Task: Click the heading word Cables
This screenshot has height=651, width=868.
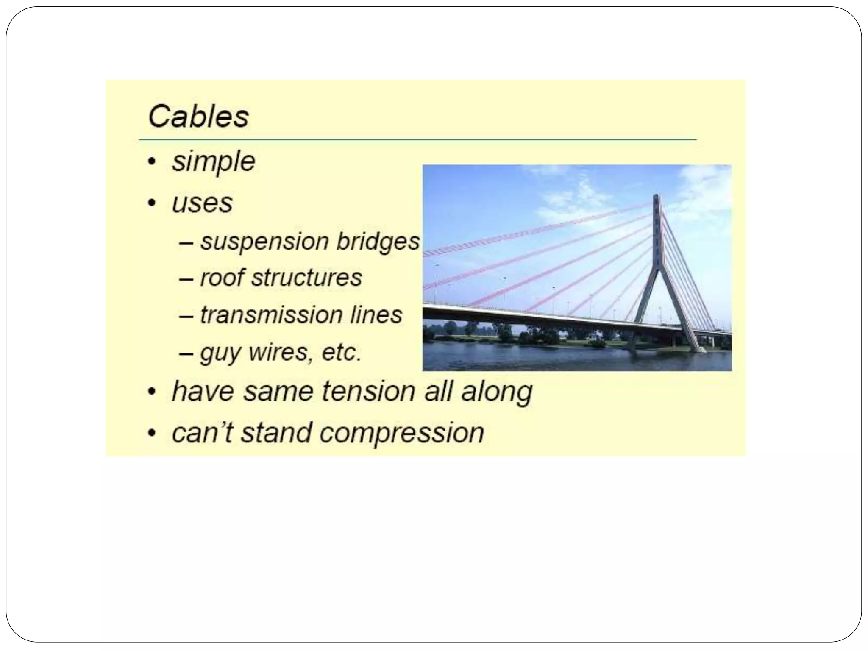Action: click(x=198, y=117)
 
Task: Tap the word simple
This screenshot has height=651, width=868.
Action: click(x=213, y=162)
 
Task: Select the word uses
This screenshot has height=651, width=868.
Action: click(x=202, y=203)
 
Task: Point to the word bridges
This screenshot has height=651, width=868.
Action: click(x=378, y=242)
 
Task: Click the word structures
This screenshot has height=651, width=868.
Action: click(x=306, y=278)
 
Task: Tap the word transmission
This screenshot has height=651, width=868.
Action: click(x=271, y=315)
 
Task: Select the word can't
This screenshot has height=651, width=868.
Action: click(x=202, y=433)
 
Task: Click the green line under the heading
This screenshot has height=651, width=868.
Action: click(x=417, y=139)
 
